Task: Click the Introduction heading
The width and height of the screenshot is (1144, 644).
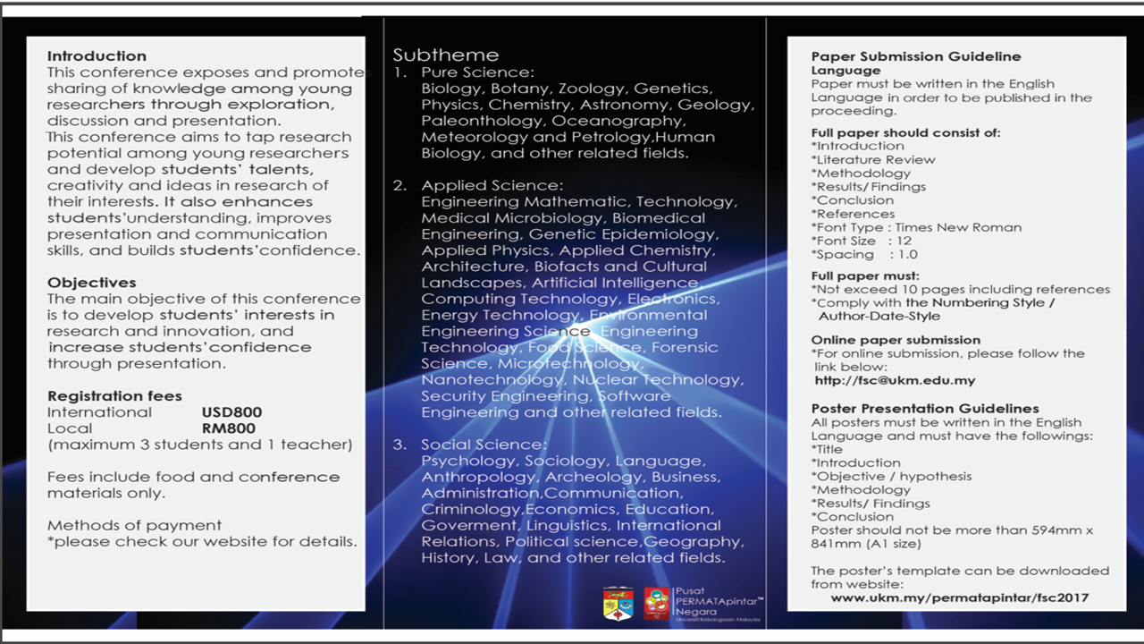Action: pyautogui.click(x=97, y=56)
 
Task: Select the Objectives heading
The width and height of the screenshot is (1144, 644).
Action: pyautogui.click(x=92, y=283)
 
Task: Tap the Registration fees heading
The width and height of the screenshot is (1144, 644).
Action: pyautogui.click(x=114, y=396)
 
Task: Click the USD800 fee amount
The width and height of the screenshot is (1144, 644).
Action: pyautogui.click(x=231, y=412)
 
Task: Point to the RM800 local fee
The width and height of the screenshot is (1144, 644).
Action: pyautogui.click(x=229, y=428)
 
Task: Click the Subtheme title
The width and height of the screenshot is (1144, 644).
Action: pyautogui.click(x=446, y=55)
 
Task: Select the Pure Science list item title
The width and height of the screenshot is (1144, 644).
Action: pyautogui.click(x=477, y=72)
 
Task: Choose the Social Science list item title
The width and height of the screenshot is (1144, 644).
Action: pyautogui.click(x=484, y=445)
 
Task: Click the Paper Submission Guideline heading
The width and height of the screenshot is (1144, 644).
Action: pyautogui.click(x=916, y=56)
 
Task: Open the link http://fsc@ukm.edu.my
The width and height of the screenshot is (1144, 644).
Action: pyautogui.click(x=895, y=380)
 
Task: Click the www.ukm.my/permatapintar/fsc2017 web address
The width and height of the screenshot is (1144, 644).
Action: pyautogui.click(x=960, y=597)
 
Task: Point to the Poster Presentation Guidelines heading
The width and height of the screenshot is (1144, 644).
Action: pyautogui.click(x=925, y=409)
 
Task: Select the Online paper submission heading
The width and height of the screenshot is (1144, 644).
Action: pyautogui.click(x=896, y=340)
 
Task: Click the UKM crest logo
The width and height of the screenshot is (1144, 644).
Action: pyautogui.click(x=618, y=603)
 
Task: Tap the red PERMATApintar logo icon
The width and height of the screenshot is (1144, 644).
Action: pyautogui.click(x=657, y=603)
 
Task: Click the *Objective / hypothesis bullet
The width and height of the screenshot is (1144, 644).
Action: pyautogui.click(x=891, y=476)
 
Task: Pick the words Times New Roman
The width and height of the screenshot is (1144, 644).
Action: pyautogui.click(x=958, y=227)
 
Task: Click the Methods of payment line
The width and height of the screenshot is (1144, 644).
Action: pyautogui.click(x=134, y=525)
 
